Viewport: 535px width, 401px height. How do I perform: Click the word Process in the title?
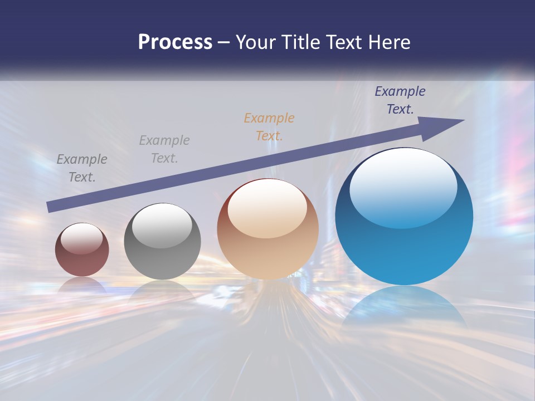coord(175,42)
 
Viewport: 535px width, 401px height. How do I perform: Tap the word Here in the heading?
coord(389,42)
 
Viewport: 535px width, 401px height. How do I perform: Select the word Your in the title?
coord(256,42)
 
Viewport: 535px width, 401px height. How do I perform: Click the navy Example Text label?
coord(400,100)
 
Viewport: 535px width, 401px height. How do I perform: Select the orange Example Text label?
coord(269,126)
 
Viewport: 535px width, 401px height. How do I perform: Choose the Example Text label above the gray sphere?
coord(164,149)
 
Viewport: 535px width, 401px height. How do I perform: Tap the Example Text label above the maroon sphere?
coord(82,168)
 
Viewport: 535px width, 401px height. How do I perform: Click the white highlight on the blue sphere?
coord(403,187)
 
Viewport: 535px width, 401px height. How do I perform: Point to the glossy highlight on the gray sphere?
coord(162,224)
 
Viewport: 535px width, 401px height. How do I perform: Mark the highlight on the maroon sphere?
coord(82,238)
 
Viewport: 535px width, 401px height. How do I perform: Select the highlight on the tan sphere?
coord(267,209)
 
